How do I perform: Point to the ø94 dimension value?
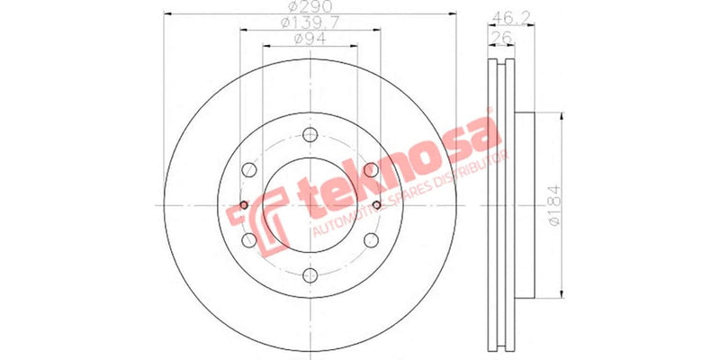coord(308,39)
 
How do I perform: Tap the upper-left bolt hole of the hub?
coord(248,170)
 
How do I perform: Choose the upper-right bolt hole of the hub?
coord(369,170)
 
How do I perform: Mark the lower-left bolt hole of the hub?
coord(248,240)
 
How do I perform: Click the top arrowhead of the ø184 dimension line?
coord(562,115)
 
